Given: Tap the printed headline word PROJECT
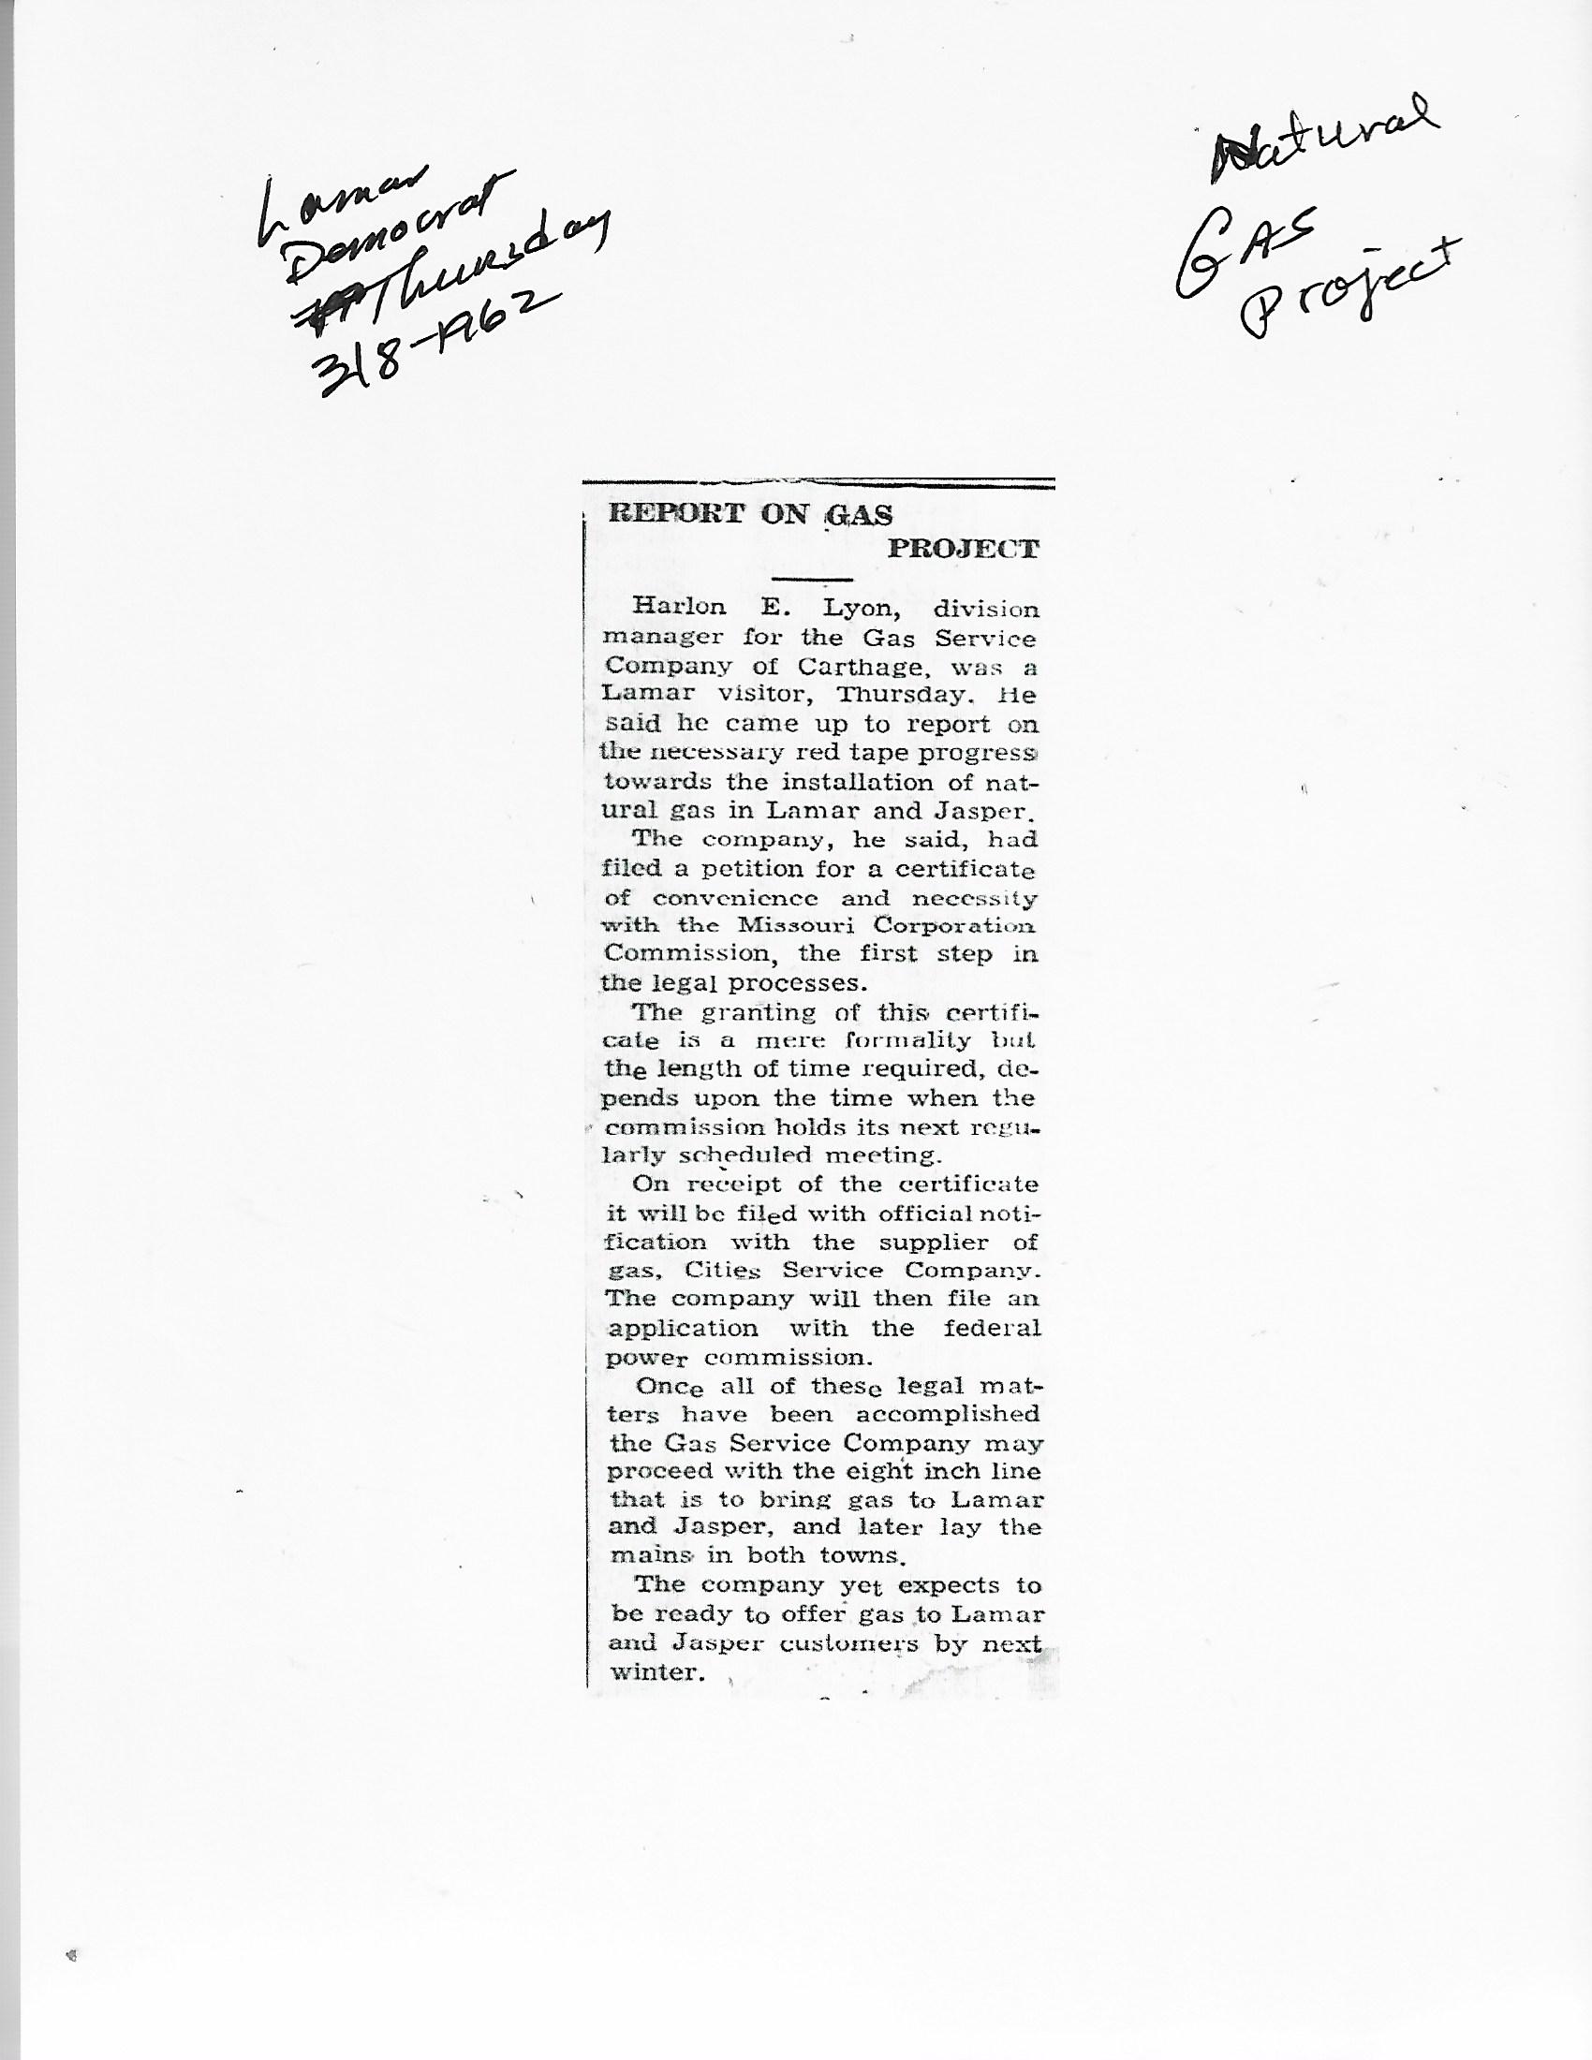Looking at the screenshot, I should [963, 549].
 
